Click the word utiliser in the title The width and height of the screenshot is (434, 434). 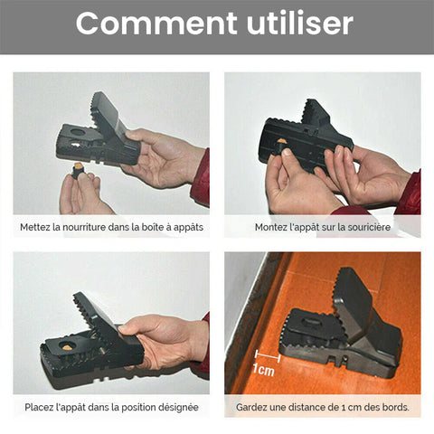[x=300, y=24]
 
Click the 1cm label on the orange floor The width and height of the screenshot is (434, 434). [x=264, y=370]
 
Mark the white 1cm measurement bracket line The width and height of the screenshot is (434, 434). [x=268, y=356]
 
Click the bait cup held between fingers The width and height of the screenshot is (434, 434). [x=80, y=171]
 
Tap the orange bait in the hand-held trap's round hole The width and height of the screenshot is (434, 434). [x=66, y=347]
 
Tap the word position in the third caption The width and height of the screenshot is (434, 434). [x=137, y=408]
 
